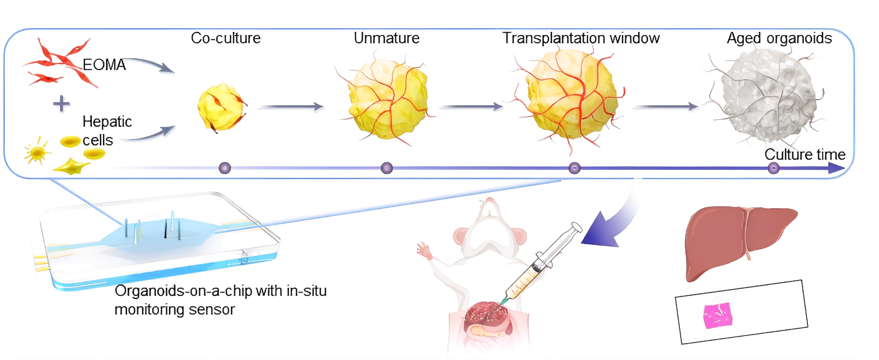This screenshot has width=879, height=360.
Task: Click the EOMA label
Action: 104,65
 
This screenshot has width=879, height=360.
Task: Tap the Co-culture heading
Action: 225,38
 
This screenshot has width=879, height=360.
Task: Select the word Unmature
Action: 386,38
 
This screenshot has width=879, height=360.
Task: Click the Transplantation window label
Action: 581,38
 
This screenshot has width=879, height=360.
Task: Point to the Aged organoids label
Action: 779,38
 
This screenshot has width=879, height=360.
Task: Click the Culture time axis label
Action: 805,154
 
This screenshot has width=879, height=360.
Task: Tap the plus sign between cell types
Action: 61,104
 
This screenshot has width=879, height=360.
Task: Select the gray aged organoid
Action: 768,96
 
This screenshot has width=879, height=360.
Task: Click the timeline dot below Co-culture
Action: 225,168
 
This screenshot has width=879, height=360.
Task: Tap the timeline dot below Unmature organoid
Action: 387,168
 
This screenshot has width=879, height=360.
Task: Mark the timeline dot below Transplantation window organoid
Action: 575,168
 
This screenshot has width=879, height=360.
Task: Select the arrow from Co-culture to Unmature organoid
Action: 290,107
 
